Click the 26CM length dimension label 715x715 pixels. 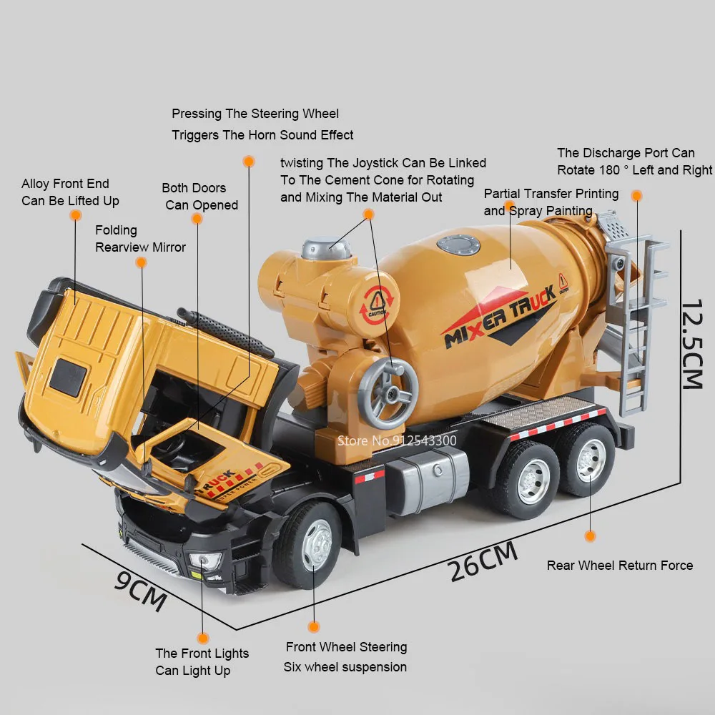coord(483,561)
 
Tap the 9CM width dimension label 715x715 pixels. coord(140,591)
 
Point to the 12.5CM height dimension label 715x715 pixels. coord(691,345)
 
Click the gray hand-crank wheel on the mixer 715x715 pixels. coord(388,393)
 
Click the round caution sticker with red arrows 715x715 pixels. coord(376,305)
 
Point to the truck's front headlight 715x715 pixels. coord(205,561)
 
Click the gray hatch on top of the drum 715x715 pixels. coord(458,245)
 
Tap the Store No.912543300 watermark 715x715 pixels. coord(397,440)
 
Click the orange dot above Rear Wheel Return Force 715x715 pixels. coord(590,536)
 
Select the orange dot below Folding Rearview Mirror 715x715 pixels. coord(142,262)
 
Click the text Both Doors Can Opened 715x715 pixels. coord(199,197)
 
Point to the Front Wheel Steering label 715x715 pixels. coord(347,647)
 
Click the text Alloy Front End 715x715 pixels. coord(65,184)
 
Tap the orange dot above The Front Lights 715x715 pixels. coord(203,638)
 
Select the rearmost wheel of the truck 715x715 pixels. coord(588,460)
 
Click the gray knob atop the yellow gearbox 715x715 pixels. coord(327,248)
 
